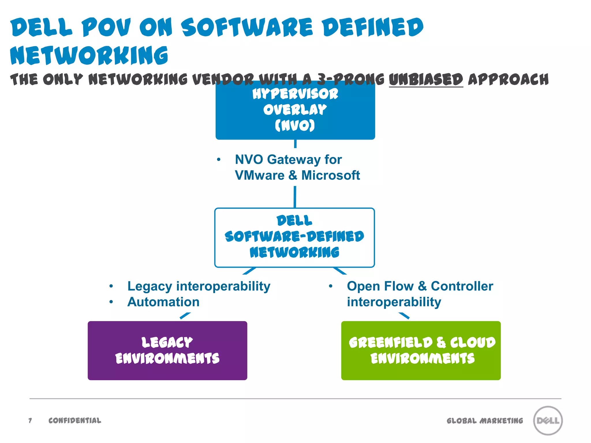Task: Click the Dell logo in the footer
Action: pos(548,420)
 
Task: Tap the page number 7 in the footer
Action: pos(30,421)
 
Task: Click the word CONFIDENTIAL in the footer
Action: pos(75,421)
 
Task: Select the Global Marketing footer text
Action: pos(485,421)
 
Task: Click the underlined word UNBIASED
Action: pos(426,79)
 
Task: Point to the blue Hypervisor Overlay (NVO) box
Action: pos(295,110)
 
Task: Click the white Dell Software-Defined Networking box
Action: pos(294,237)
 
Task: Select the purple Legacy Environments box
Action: pos(167,350)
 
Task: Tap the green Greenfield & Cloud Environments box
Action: pos(421,350)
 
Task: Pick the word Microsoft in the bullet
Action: pos(331,175)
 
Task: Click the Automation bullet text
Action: pos(163,302)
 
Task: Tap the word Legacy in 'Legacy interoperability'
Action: pos(150,286)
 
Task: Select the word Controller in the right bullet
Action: pos(462,286)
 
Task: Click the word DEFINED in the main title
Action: pos(373,27)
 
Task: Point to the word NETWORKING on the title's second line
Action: pos(89,55)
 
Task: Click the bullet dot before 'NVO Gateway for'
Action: pos(219,159)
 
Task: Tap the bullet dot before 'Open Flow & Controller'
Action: pos(331,286)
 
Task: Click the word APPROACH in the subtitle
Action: pos(508,79)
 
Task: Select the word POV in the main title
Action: pos(106,27)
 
